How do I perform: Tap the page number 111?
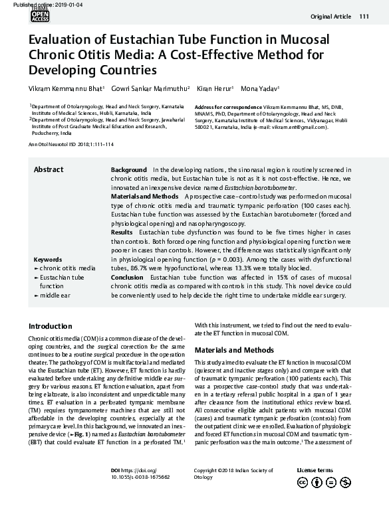[364, 17]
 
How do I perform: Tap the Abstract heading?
[49, 170]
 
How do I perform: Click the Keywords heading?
[48, 258]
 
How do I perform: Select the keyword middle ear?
[53, 294]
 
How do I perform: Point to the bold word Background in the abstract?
[128, 170]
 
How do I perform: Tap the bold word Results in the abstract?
[122, 232]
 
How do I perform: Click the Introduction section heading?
[51, 326]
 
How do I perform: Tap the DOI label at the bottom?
[116, 470]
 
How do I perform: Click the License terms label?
[315, 470]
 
